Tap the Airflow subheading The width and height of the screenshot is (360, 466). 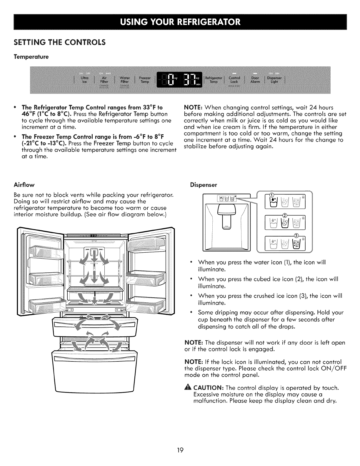(x=24, y=185)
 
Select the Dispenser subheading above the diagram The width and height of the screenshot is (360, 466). (x=203, y=185)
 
